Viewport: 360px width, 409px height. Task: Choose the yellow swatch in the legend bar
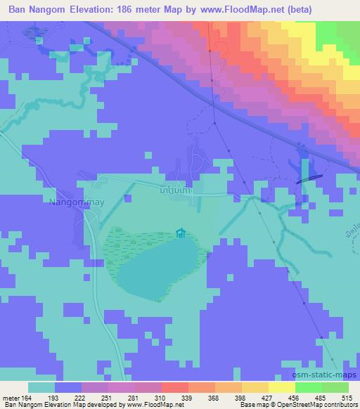[282, 387]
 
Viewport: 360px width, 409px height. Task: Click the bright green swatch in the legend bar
[309, 387]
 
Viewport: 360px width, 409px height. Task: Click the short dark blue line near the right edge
[310, 178]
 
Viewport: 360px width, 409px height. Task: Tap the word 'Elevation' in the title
[93, 9]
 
